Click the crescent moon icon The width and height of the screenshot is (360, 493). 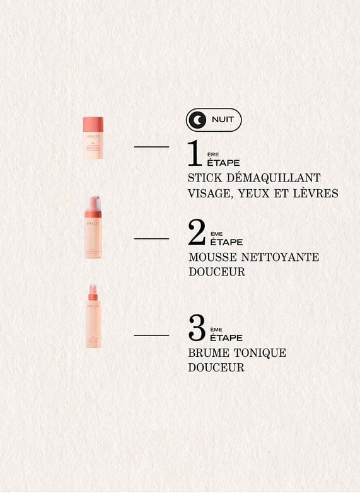[199, 120]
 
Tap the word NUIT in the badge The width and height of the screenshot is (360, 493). [223, 120]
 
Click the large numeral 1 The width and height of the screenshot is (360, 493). [195, 153]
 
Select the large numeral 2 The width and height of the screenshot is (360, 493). [197, 233]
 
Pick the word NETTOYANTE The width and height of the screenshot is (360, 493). [284, 257]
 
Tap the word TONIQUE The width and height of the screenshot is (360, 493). [260, 352]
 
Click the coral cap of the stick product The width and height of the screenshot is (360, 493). [93, 124]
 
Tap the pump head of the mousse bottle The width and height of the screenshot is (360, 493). [93, 203]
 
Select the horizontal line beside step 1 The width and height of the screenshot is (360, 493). [151, 147]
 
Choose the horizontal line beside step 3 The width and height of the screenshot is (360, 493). [151, 335]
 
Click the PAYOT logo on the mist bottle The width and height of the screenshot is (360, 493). [93, 306]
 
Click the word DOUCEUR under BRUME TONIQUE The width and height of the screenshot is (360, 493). [216, 367]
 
